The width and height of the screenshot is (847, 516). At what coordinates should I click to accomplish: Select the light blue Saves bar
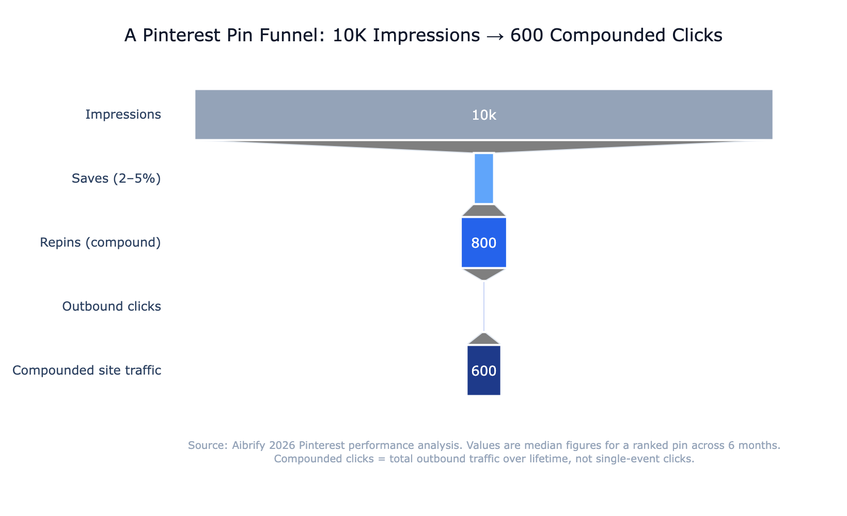coord(484,179)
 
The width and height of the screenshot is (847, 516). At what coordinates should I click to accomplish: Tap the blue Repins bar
coord(484,255)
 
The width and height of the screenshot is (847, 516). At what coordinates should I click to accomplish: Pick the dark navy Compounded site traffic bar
coord(484,384)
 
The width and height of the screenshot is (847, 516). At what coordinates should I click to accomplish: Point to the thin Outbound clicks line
coord(484,307)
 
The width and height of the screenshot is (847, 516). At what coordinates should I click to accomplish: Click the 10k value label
coord(484,115)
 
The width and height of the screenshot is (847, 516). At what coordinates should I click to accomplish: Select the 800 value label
coord(484,243)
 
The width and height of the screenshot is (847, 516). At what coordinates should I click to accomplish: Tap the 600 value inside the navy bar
coord(484,371)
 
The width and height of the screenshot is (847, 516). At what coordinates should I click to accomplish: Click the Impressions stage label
coord(123,115)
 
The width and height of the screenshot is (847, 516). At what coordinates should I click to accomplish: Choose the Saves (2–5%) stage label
coord(116,179)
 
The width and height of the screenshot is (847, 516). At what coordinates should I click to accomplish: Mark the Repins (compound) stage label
coord(100,243)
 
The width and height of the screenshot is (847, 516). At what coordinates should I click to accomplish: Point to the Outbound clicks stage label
coord(112,307)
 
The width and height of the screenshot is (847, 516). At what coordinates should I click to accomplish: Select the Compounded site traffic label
coord(87,370)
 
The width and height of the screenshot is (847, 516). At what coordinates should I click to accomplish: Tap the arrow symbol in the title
coord(494,36)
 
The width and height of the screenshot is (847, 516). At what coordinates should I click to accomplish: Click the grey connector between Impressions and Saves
coord(484,146)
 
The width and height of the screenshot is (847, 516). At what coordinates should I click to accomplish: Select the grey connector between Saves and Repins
coord(484,211)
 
